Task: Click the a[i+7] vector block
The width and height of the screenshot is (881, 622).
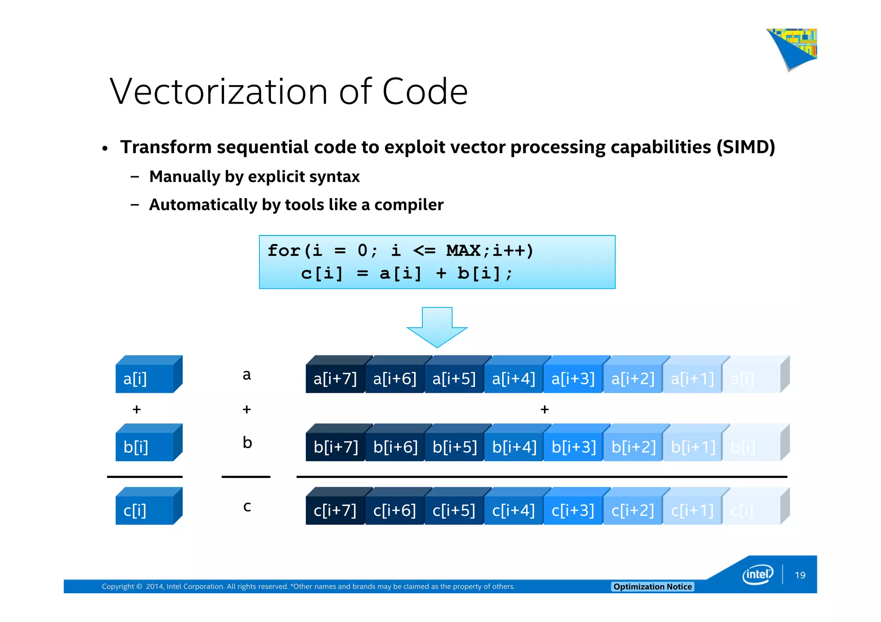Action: pos(335,379)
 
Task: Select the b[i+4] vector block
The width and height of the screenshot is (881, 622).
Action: pos(514,447)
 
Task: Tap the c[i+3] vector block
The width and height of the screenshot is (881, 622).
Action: pos(573,510)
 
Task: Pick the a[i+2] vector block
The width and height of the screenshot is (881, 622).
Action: pos(633,379)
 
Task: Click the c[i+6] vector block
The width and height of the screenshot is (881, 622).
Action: pos(394,510)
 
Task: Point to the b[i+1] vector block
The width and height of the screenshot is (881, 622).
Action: pos(693,447)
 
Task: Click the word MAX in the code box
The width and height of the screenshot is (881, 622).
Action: pos(463,251)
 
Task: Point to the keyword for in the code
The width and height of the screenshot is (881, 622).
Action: pos(284,251)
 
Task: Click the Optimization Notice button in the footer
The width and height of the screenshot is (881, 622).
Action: pos(652,587)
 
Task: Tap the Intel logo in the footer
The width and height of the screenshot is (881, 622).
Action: pos(758,575)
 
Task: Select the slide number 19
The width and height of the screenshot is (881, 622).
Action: pos(800,575)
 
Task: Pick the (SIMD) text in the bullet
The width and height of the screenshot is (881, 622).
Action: pos(745,147)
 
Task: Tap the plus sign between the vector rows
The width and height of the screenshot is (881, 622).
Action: pos(544,409)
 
